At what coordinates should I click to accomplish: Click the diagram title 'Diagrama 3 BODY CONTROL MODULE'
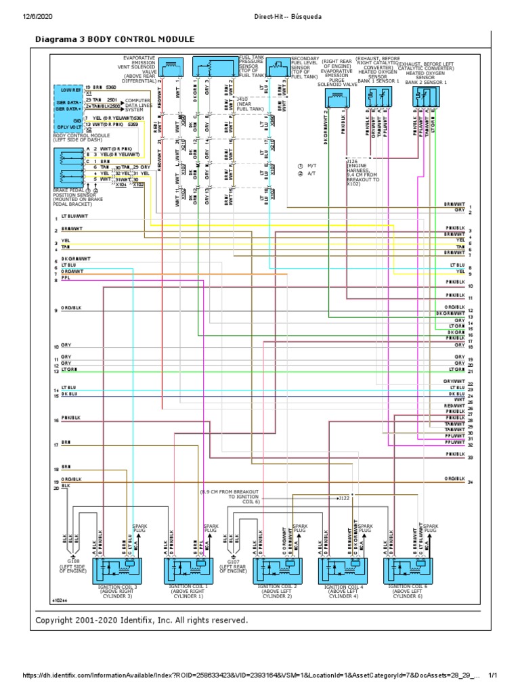(114, 40)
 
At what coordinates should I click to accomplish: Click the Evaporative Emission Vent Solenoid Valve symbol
(172, 66)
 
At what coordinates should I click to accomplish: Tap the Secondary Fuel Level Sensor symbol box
(276, 67)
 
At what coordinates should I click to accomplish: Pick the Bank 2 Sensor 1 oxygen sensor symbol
(425, 95)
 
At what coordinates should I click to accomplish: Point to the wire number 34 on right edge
(470, 483)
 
